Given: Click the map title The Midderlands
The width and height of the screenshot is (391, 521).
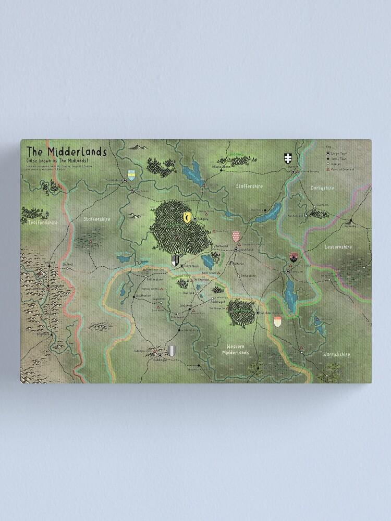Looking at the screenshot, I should pyautogui.click(x=66, y=151).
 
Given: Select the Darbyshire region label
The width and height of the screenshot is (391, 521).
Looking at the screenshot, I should pyautogui.click(x=323, y=188).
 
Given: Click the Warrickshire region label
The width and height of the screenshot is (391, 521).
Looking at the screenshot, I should pyautogui.click(x=336, y=354).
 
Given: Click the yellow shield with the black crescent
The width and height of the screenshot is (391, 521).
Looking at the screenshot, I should pyautogui.click(x=187, y=218).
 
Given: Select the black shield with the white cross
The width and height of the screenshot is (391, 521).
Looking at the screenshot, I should pyautogui.click(x=287, y=158).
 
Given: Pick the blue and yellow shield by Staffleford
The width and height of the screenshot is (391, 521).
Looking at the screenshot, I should pyautogui.click(x=132, y=176).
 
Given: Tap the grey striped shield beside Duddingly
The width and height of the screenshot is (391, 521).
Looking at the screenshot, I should pyautogui.click(x=173, y=351).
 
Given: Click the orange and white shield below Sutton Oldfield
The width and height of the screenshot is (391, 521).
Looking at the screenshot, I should pyautogui.click(x=278, y=321).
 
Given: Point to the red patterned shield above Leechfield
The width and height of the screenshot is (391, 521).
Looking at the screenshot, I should pyautogui.click(x=236, y=237).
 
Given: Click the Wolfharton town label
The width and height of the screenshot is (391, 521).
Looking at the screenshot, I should pyautogui.click(x=143, y=295).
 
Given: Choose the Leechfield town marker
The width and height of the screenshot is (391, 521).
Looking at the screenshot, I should pyautogui.click(x=236, y=250).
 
